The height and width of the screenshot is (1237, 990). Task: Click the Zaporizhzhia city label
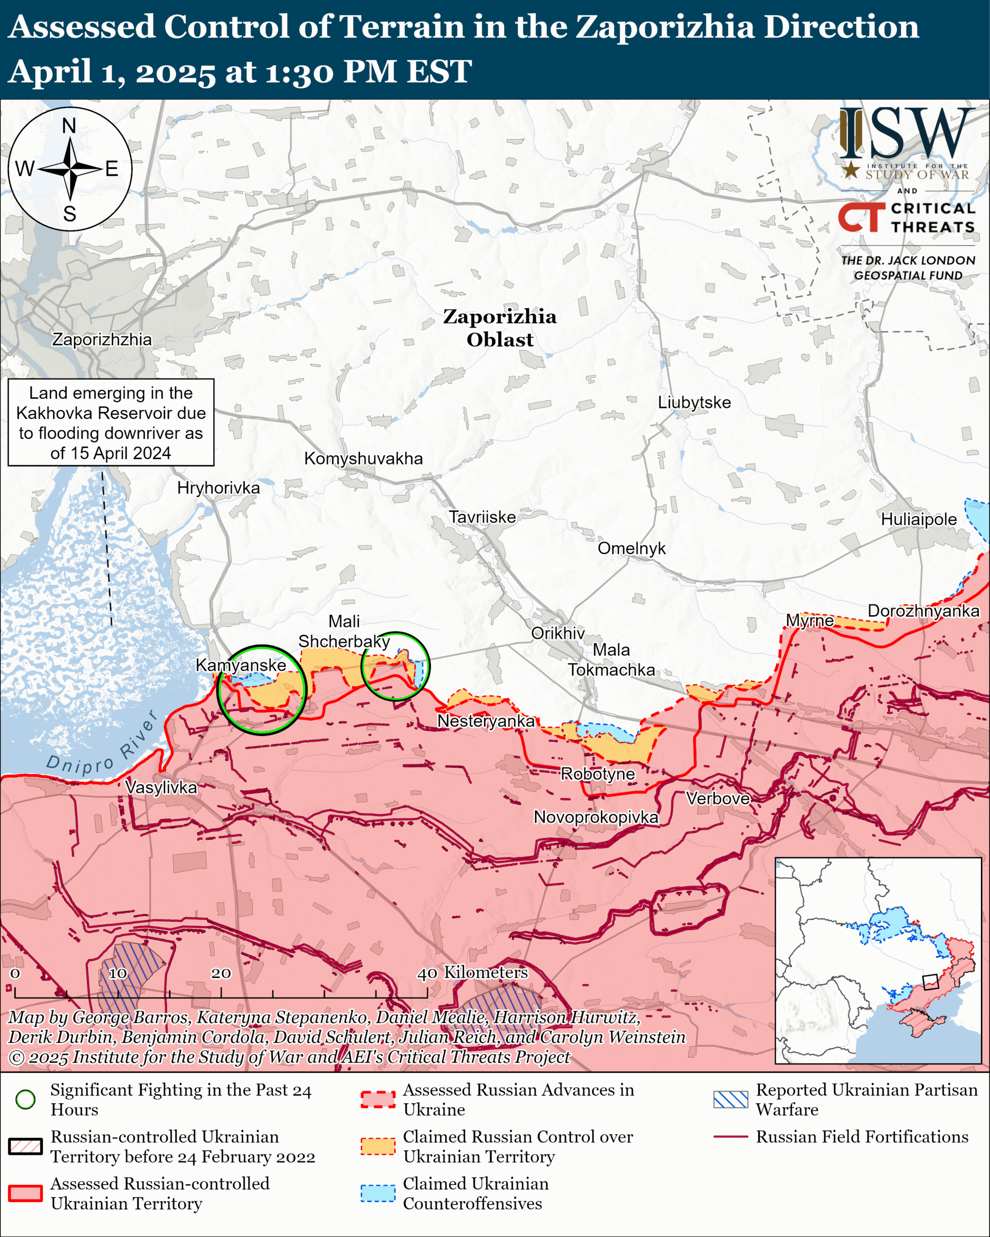(102, 339)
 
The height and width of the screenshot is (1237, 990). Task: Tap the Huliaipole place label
(918, 519)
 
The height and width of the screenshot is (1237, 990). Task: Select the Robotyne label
(597, 774)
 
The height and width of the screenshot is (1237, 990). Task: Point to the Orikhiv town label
(557, 633)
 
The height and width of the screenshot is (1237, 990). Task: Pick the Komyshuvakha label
(364, 459)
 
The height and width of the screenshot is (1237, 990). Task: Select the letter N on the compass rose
(69, 126)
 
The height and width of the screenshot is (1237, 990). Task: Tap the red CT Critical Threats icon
(861, 217)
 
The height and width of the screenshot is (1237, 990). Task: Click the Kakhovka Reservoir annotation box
(111, 422)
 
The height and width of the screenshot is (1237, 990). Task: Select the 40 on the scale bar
(426, 974)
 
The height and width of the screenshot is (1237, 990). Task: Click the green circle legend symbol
(25, 1099)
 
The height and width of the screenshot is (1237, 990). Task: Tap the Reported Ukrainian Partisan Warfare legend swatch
(730, 1099)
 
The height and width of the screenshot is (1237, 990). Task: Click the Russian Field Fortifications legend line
(730, 1136)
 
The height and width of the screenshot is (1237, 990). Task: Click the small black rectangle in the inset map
(930, 982)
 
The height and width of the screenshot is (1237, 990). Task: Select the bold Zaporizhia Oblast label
(499, 328)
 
